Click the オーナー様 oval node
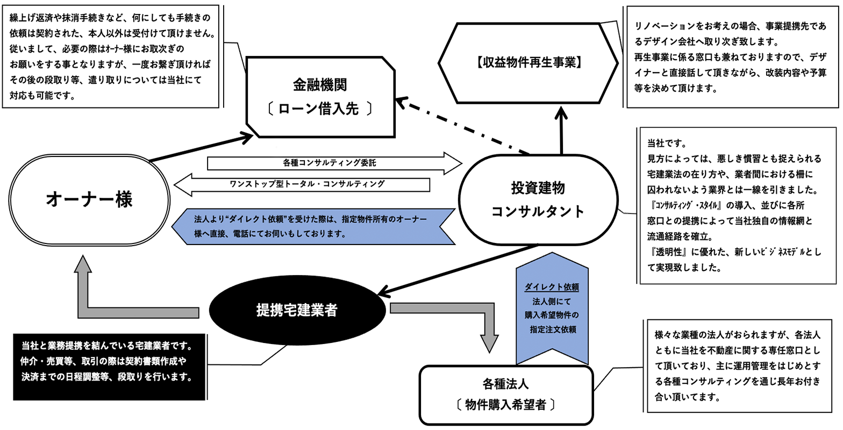(89, 199)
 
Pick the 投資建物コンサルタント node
(537, 199)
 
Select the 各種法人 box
(505, 395)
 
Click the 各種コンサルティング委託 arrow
(333, 162)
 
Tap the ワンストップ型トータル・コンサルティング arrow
(306, 184)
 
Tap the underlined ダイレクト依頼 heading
(552, 286)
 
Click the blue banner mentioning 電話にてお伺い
(312, 227)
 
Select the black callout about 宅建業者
(109, 367)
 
